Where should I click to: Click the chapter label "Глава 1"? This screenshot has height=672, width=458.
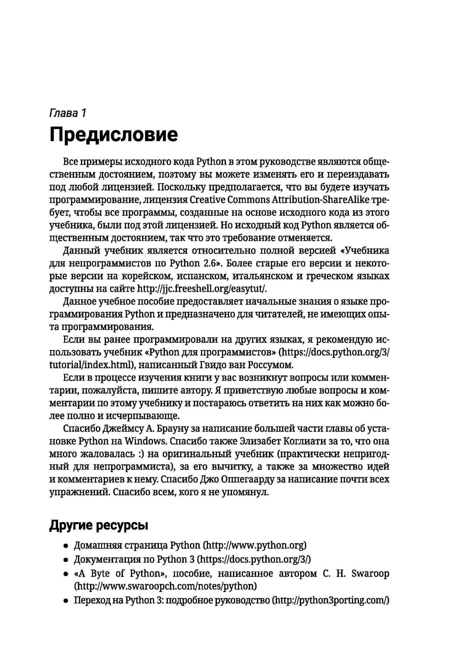tap(68, 113)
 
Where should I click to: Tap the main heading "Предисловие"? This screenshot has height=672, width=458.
tap(113, 135)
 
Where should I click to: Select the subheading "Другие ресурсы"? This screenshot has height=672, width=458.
tap(99, 525)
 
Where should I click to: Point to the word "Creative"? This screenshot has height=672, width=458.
tap(207, 200)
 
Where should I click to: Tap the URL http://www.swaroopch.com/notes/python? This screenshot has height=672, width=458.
tap(166, 586)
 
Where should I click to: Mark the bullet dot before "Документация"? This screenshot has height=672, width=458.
tap(66, 560)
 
